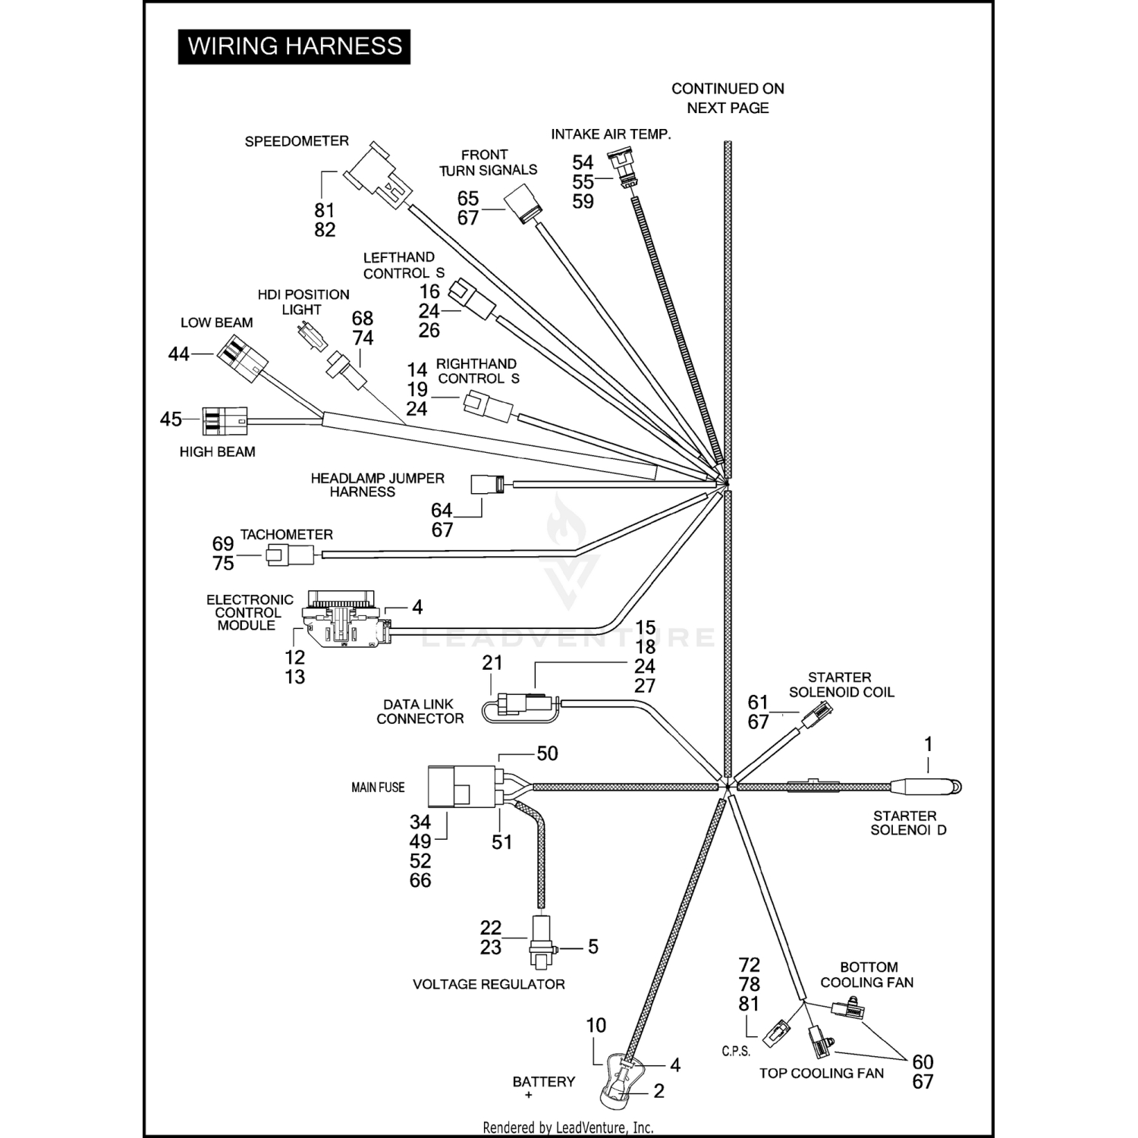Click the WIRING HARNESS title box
coord(294,46)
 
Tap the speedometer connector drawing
coord(377,174)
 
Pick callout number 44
coord(178,354)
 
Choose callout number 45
coord(171,419)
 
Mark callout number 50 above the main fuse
coord(547,753)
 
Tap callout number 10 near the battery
coord(596,1026)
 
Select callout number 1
coord(927,744)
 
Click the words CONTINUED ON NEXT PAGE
coord(728,99)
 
